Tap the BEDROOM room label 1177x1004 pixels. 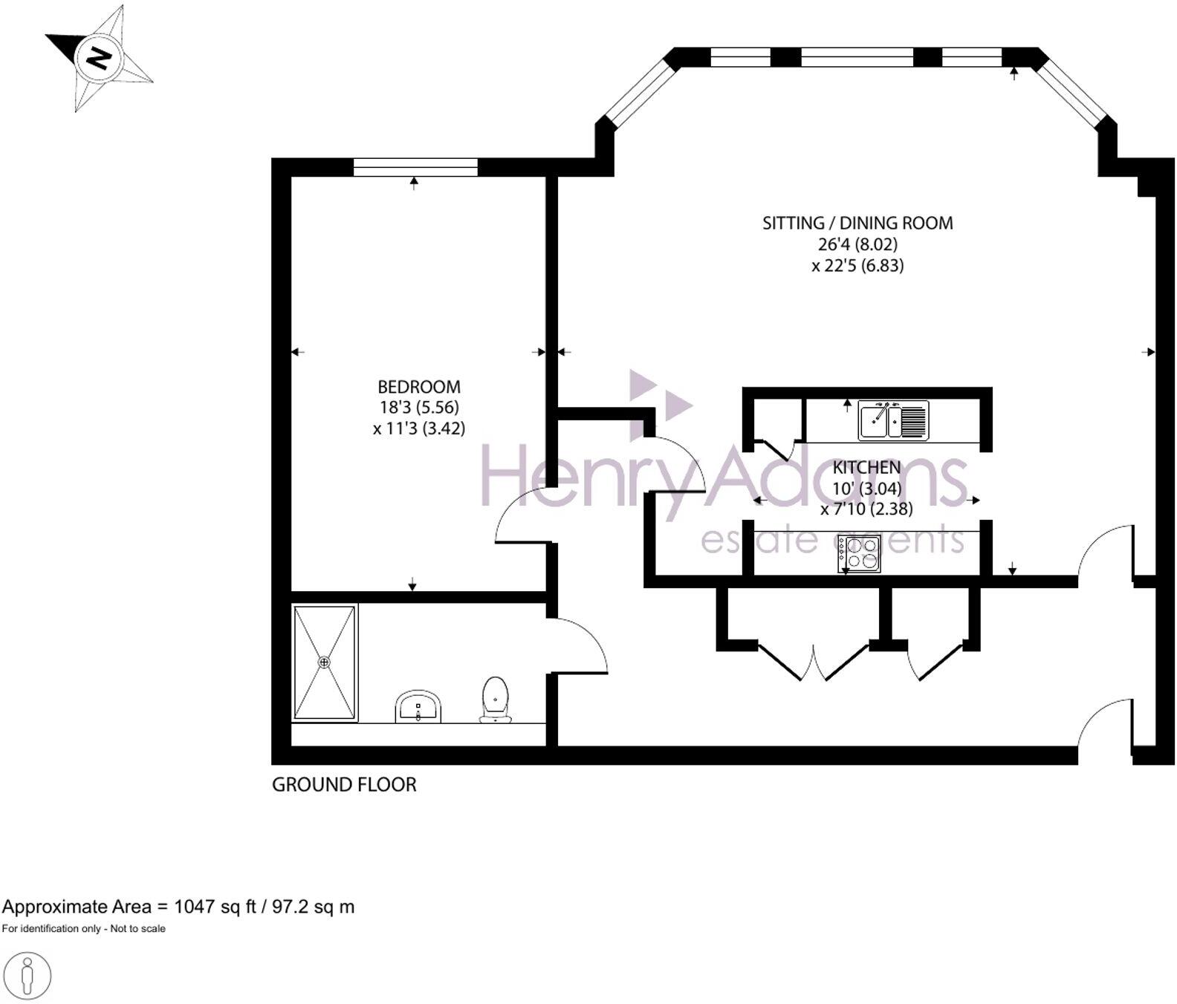point(419,387)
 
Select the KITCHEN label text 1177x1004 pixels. point(866,468)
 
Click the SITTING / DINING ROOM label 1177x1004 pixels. point(857,223)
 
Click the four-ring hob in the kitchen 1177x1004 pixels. point(860,553)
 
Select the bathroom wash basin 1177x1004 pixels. point(418,705)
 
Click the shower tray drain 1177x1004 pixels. point(325,662)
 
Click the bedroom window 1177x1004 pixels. point(415,168)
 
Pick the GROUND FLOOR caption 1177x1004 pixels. point(344,785)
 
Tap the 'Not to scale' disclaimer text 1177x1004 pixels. point(137,929)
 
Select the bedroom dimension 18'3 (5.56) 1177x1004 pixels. point(419,408)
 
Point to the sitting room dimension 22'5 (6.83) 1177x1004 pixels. point(857,266)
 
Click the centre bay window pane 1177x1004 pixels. point(857,57)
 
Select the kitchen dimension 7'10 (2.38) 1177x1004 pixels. point(866,509)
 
